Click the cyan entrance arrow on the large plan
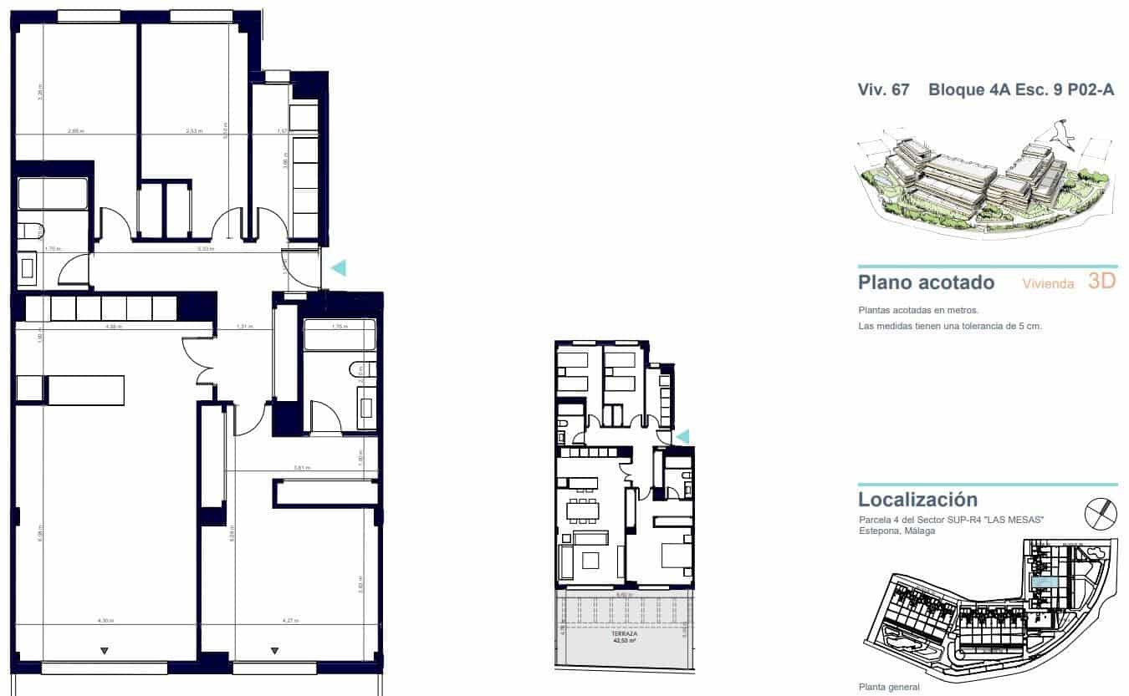coord(339,267)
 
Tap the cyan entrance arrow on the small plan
coord(682,436)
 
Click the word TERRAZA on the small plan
coord(624,634)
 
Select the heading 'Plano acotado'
coord(926,282)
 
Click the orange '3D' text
coord(1101,282)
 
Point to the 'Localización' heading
coord(917,500)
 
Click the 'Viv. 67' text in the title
coord(883,90)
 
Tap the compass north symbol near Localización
coord(1100,512)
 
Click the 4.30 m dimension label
coord(105,621)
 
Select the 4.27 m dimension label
coord(289,621)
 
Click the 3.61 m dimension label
coord(302,468)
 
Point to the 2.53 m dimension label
coord(193,131)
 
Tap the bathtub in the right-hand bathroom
coord(339,335)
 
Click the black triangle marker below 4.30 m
coord(105,650)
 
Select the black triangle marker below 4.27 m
coord(274,650)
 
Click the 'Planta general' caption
coord(889,687)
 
